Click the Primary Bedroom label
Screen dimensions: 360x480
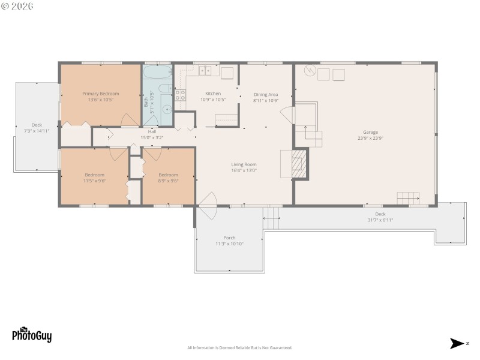(x=101, y=96)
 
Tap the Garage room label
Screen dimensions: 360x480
(x=370, y=134)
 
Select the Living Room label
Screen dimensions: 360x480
(x=244, y=167)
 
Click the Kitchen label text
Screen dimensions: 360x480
(x=213, y=96)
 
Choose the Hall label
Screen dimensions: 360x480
(x=152, y=134)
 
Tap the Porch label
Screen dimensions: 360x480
(x=229, y=240)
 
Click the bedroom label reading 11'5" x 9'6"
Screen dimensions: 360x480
(x=95, y=177)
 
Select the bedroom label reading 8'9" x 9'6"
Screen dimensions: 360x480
(x=168, y=177)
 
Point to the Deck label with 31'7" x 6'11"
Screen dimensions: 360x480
(x=380, y=217)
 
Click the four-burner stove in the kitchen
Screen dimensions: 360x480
(x=181, y=95)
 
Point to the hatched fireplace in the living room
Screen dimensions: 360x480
(x=299, y=164)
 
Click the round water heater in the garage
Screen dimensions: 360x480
(x=310, y=71)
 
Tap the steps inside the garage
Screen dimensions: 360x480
(x=408, y=198)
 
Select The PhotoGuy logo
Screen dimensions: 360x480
(x=32, y=335)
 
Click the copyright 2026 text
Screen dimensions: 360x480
(x=18, y=6)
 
